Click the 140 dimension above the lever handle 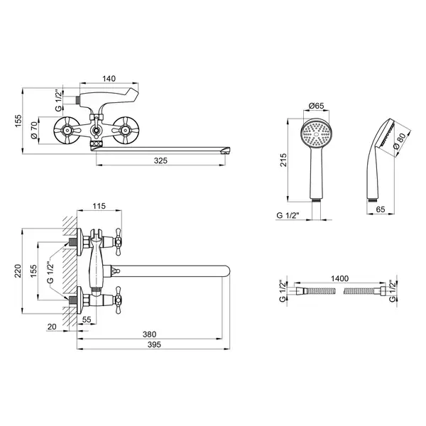[x=109, y=79]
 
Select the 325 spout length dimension [x=160, y=160]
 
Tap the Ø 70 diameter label [x=34, y=131]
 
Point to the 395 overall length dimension [x=154, y=344]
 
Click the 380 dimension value [x=149, y=334]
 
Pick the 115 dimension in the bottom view [x=99, y=206]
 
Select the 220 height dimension [x=18, y=271]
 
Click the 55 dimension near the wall [x=87, y=319]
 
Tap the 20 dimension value [x=52, y=327]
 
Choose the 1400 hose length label [x=339, y=278]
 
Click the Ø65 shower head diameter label [x=317, y=105]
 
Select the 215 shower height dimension [x=283, y=160]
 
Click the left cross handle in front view [x=67, y=131]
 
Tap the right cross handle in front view [x=125, y=131]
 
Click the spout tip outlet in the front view [x=226, y=151]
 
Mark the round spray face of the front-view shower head [x=316, y=134]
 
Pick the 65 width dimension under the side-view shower [x=381, y=209]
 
